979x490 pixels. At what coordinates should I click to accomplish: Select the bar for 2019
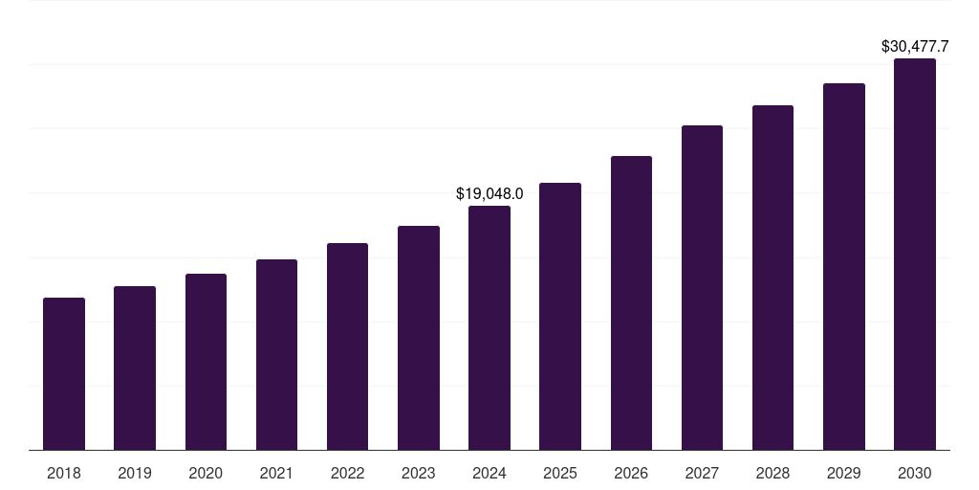135,367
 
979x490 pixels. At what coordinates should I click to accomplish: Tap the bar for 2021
276,354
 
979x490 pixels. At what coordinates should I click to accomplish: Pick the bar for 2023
419,338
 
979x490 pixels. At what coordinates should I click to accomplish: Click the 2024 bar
489,327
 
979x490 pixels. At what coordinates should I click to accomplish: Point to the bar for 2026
631,302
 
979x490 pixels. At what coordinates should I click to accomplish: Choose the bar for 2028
772,278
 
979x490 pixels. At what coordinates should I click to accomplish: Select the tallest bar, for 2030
915,254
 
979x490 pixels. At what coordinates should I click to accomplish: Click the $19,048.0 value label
489,194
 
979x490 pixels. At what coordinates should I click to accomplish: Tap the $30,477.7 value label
914,46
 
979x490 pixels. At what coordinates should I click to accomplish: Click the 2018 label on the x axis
64,473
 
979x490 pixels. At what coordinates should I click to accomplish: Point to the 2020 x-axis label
206,473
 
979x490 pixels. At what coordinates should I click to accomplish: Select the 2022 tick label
347,473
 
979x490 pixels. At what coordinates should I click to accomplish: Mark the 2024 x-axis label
489,473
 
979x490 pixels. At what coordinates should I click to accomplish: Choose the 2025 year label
560,473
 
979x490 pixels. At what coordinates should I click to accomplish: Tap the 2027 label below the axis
702,473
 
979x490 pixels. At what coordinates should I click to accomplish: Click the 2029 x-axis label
843,473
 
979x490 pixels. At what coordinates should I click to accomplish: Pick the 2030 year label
915,473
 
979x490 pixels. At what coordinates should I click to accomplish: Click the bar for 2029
844,266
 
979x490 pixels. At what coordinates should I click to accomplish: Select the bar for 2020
206,362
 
